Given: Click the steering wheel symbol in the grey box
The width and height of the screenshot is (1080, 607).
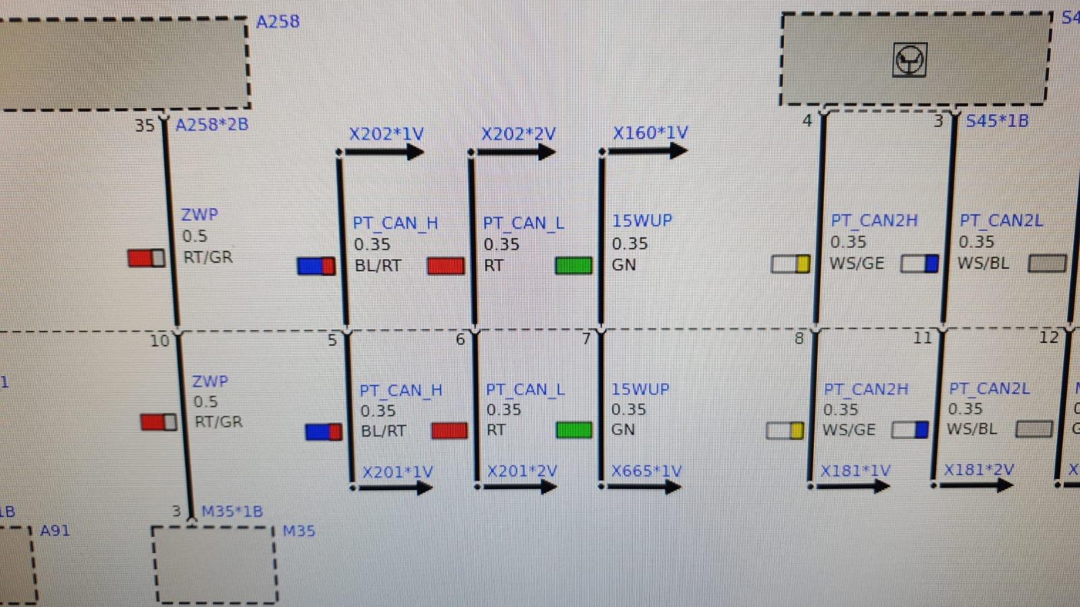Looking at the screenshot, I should point(909,60).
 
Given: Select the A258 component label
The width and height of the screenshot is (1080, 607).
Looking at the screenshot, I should point(278,22).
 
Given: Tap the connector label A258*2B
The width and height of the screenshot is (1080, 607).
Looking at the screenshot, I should point(211,125).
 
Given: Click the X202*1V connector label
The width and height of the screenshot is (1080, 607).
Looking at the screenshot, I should point(386,134).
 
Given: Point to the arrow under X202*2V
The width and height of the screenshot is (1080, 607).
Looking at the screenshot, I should point(515,153).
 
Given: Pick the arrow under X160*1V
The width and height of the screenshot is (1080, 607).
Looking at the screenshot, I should point(646,151).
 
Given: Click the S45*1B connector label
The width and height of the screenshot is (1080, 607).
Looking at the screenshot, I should point(997,122).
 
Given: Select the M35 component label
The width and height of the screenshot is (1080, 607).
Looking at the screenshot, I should point(299,531).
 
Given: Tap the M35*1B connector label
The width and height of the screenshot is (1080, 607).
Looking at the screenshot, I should point(232,511).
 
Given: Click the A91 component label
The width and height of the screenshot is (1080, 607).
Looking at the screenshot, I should point(55,530).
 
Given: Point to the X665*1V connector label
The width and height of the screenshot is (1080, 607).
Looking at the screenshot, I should point(646,471).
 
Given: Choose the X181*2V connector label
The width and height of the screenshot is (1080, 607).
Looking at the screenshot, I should point(979,469).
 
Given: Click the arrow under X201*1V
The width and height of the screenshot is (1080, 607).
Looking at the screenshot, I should point(394,487).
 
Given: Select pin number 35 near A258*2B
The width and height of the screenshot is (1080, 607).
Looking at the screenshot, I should point(145,126).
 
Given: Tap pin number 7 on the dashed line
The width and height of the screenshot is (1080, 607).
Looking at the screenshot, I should point(586,338).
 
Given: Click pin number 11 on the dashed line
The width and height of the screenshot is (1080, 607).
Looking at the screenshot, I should point(922,338).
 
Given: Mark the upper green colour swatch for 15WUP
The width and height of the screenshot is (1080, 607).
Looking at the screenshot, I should point(573,265).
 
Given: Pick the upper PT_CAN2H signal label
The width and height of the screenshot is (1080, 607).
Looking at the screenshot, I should point(874,221).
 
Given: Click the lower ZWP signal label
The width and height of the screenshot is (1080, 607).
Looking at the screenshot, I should point(210,381).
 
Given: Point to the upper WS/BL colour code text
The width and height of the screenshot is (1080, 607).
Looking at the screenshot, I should point(983,263).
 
